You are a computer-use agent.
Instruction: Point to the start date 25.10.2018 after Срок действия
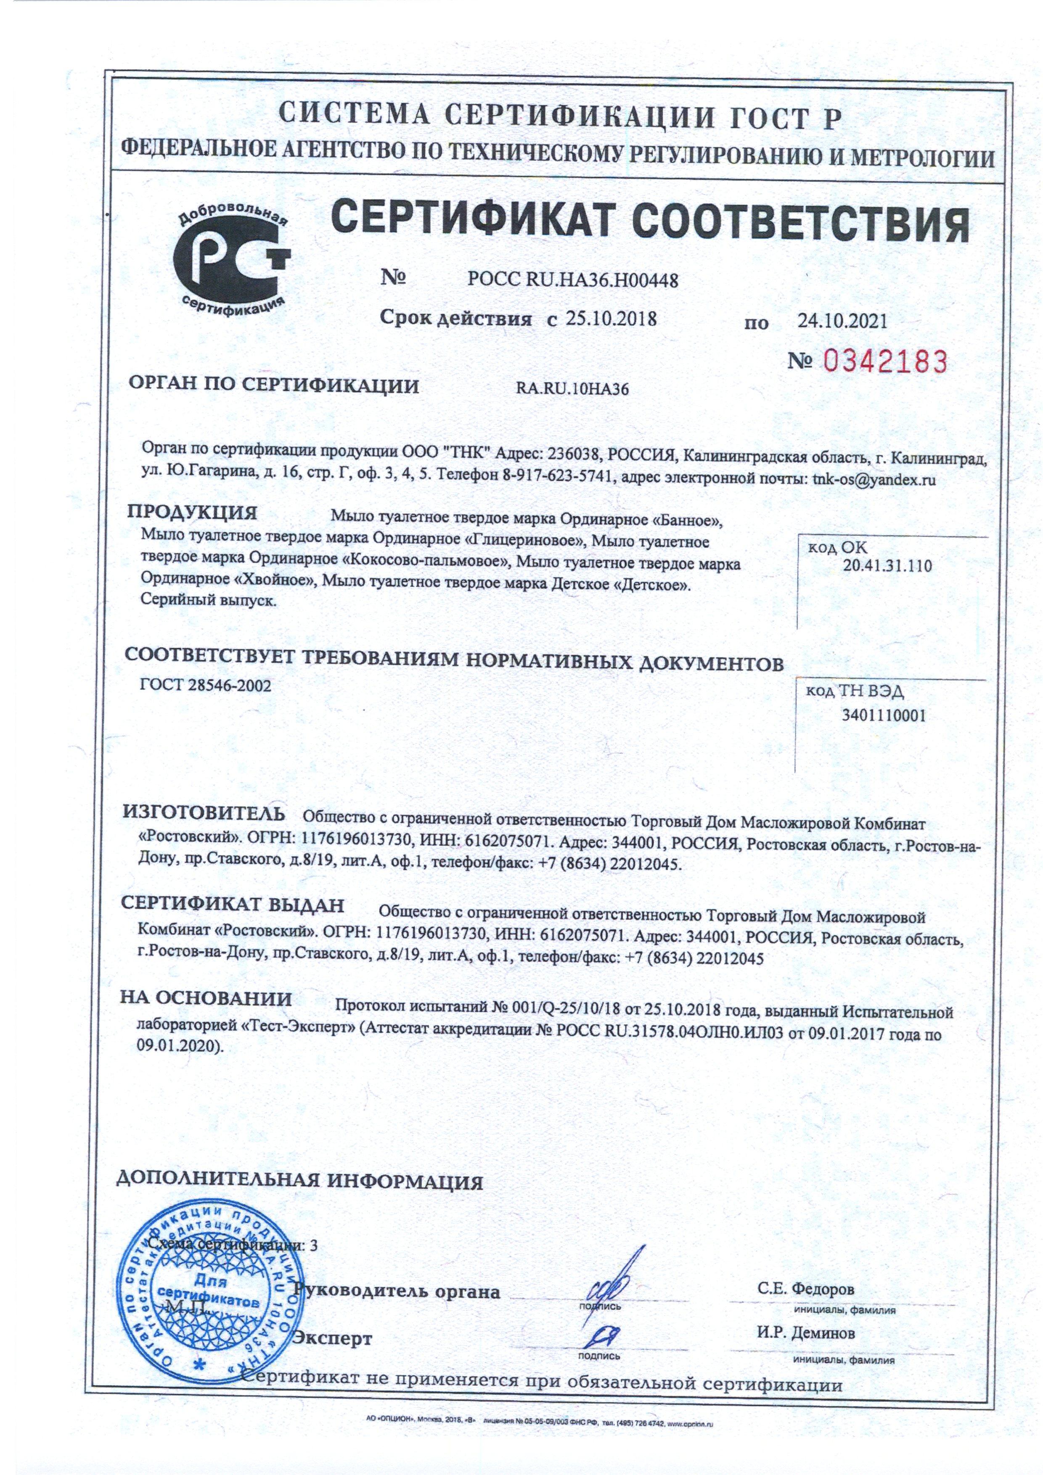[x=611, y=318]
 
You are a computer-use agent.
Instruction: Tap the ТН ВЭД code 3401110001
[x=884, y=716]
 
